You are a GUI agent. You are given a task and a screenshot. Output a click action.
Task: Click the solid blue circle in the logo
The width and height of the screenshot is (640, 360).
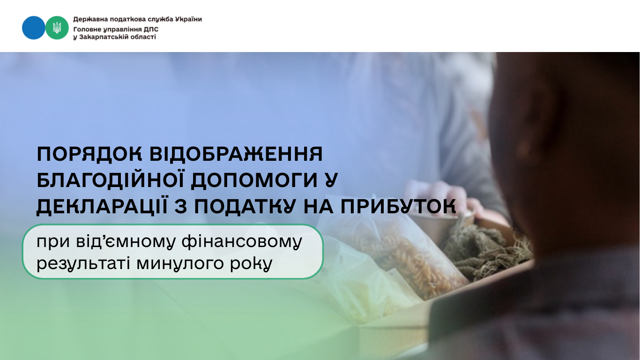click(33, 28)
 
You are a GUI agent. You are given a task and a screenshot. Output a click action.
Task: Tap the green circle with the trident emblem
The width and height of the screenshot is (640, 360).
click(57, 28)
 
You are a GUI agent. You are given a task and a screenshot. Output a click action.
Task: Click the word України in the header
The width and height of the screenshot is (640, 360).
click(188, 19)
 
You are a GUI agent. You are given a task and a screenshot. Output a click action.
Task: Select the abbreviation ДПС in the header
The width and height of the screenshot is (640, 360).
click(151, 29)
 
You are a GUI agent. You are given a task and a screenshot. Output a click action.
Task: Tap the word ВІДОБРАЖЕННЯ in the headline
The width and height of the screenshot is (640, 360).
click(236, 154)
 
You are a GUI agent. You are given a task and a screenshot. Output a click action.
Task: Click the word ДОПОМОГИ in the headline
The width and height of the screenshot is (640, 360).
click(254, 180)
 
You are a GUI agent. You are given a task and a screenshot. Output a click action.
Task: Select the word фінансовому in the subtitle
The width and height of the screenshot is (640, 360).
click(242, 241)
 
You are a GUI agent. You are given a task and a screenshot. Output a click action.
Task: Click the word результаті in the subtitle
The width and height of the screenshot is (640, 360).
click(83, 263)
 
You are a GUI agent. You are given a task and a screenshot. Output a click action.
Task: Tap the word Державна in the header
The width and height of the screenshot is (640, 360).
click(87, 19)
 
